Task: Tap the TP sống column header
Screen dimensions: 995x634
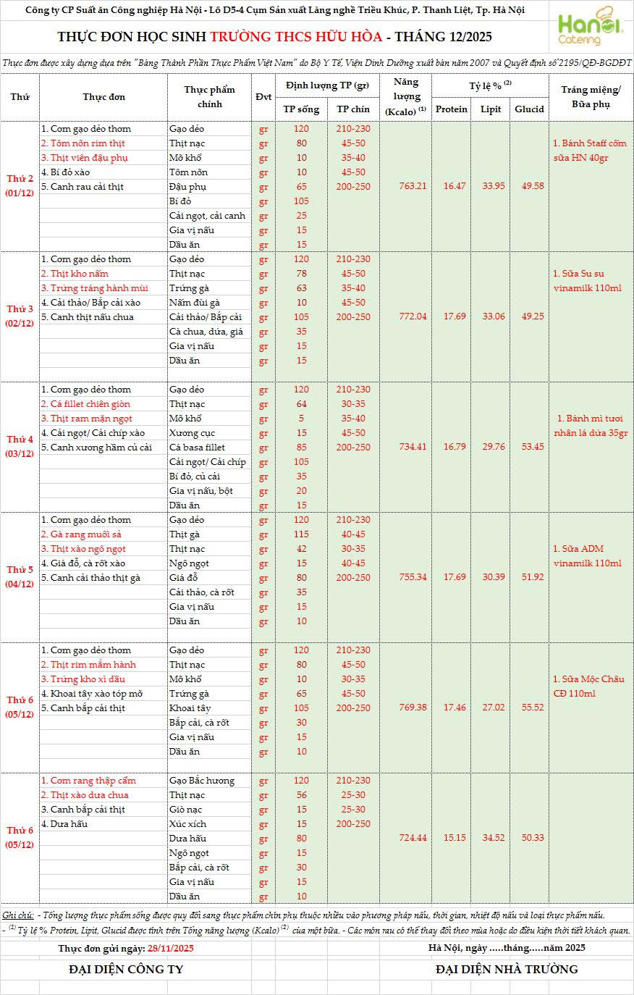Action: pyautogui.click(x=301, y=109)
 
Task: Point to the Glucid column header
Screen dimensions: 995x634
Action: pyautogui.click(x=529, y=109)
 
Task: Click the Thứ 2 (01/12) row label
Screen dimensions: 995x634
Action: pyautogui.click(x=20, y=186)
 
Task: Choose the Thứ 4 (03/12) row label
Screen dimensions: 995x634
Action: pyautogui.click(x=20, y=447)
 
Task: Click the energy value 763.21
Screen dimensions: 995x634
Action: pyautogui.click(x=413, y=186)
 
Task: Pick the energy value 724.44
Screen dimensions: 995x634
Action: pyautogui.click(x=413, y=838)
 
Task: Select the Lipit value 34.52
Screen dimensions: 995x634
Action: pyautogui.click(x=493, y=838)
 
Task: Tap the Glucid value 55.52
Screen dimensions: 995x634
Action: pyautogui.click(x=529, y=708)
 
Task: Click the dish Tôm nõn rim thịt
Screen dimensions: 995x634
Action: pyautogui.click(x=83, y=143)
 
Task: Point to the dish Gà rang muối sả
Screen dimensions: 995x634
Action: pyautogui.click(x=80, y=534)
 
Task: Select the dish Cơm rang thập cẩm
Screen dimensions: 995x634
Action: pyautogui.click(x=88, y=781)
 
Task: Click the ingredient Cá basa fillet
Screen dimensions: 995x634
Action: pyautogui.click(x=197, y=448)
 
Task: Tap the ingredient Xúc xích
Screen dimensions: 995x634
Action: pyautogui.click(x=187, y=824)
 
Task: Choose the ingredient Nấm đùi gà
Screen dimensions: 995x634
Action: pyautogui.click(x=195, y=303)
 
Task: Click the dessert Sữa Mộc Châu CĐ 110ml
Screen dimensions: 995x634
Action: pyautogui.click(x=588, y=686)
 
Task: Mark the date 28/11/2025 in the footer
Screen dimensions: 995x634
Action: pyautogui.click(x=170, y=948)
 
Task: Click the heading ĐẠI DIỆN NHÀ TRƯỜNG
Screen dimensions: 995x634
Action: pyautogui.click(x=507, y=969)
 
